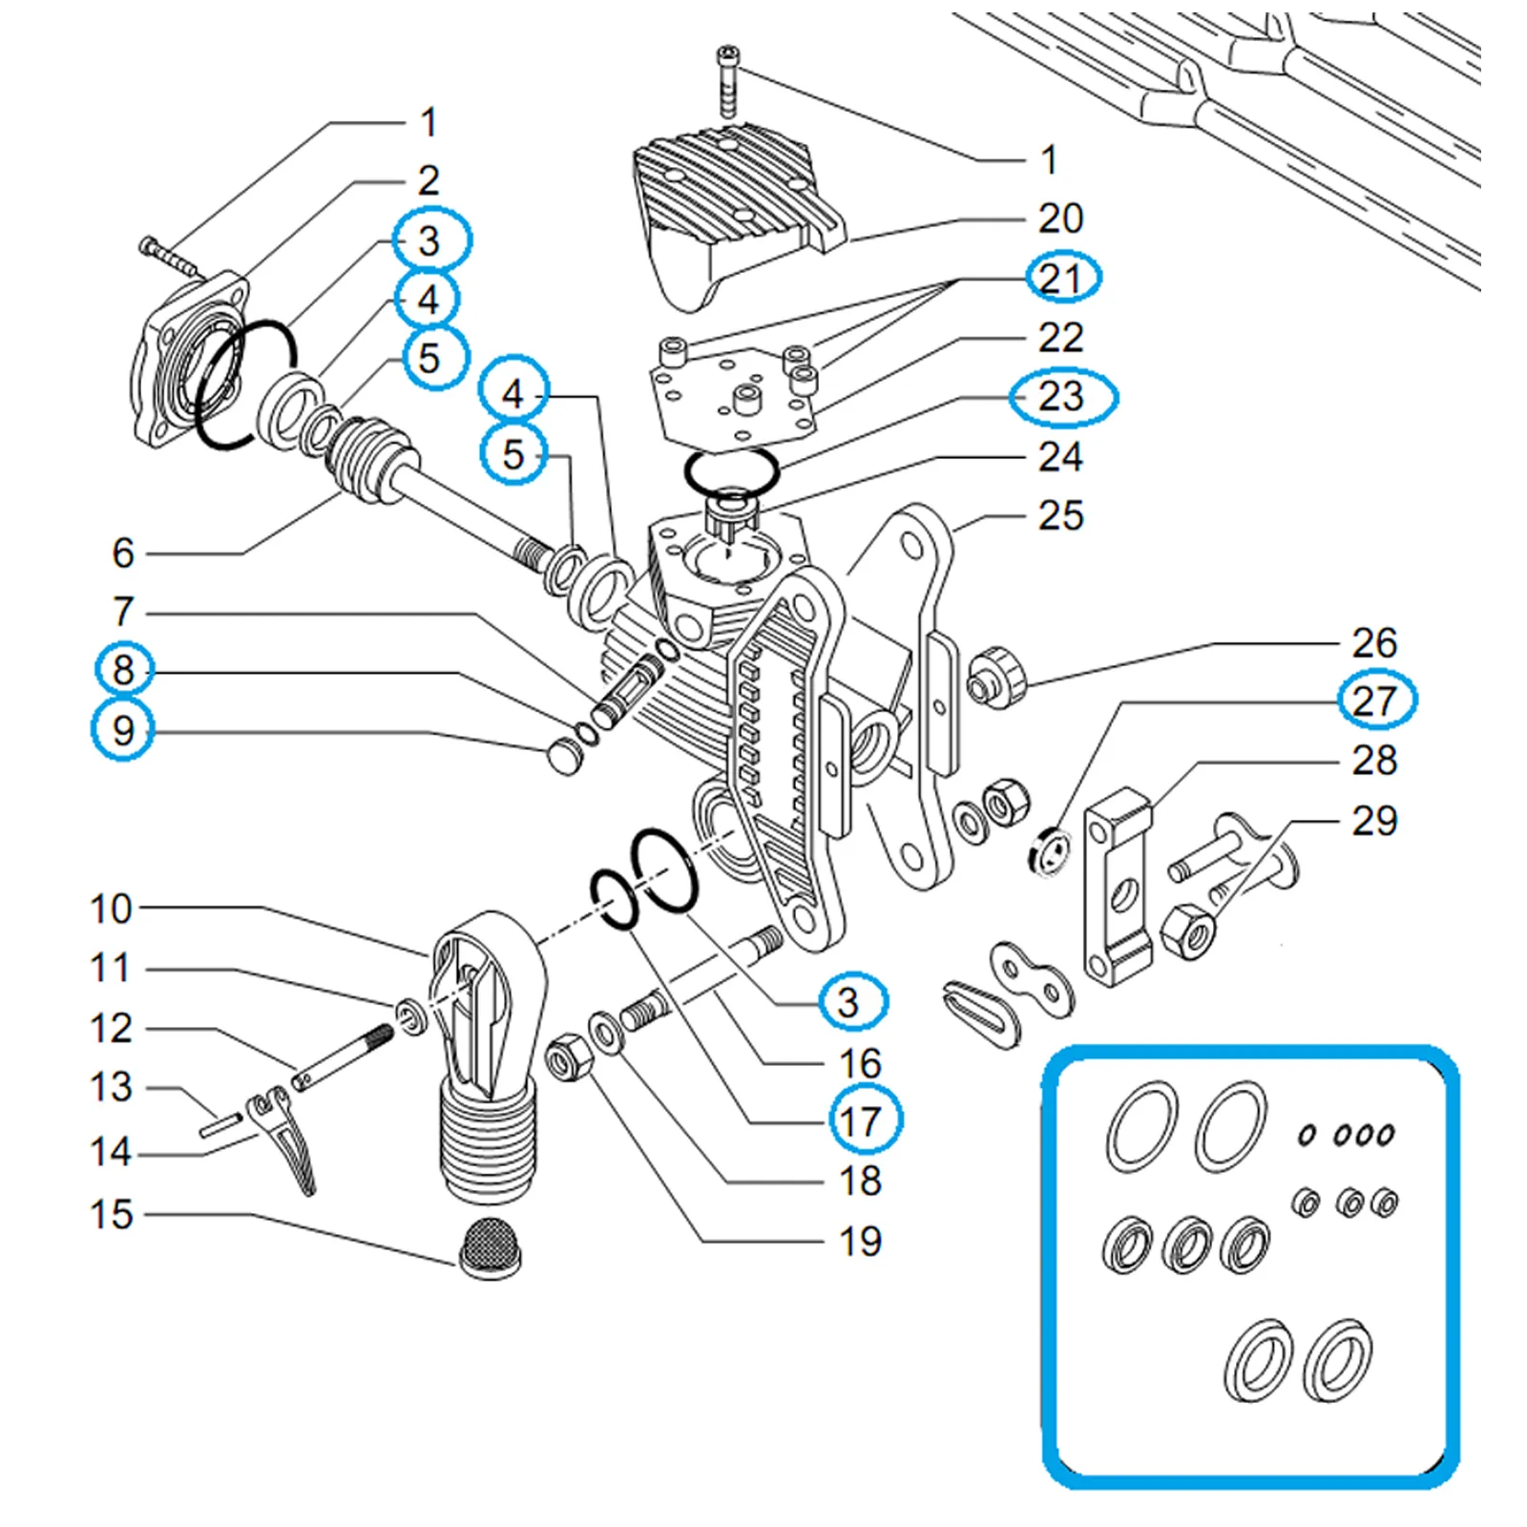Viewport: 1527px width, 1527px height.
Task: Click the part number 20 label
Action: [1060, 219]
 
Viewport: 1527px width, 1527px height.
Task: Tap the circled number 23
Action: [1061, 396]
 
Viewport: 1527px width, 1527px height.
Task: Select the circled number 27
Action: [1375, 701]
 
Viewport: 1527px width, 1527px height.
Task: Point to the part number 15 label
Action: [111, 1214]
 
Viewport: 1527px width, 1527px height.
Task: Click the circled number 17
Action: [860, 1121]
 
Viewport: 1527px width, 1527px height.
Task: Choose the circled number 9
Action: [123, 730]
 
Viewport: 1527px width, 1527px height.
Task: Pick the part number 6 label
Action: [123, 553]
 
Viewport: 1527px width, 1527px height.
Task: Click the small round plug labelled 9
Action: [565, 758]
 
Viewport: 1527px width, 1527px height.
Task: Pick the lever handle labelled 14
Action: [286, 1140]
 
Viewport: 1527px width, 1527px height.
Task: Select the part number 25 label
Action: [1061, 515]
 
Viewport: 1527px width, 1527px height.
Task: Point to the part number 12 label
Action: [111, 1028]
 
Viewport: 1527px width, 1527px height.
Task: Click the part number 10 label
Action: [111, 909]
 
